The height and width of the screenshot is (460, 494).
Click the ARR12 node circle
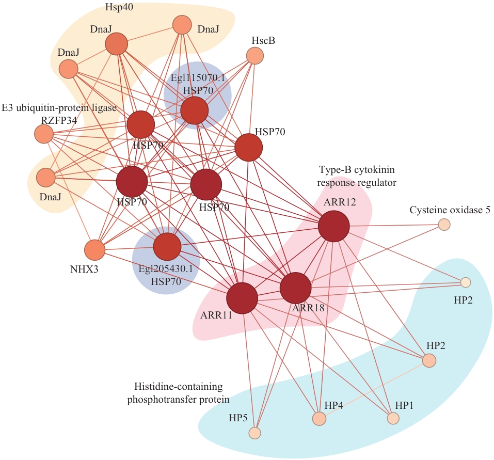[333, 227]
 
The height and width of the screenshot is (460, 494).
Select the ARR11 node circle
[242, 298]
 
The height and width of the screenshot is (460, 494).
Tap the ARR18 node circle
[295, 288]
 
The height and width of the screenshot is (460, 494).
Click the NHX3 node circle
[94, 250]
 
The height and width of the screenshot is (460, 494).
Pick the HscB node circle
[254, 56]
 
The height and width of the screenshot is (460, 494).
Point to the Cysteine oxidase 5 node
[444, 224]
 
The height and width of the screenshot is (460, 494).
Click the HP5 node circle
[254, 433]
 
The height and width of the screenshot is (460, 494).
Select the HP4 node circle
[320, 418]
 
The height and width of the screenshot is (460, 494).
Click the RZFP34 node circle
[44, 134]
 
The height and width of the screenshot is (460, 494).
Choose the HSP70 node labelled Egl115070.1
[195, 110]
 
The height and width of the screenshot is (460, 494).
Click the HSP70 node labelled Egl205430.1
[167, 247]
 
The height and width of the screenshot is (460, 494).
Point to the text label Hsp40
[117, 8]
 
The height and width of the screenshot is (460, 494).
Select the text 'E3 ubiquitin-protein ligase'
[59, 108]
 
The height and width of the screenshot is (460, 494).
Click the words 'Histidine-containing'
[178, 387]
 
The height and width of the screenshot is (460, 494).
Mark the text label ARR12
[340, 202]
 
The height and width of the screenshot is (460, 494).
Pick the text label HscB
[263, 39]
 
